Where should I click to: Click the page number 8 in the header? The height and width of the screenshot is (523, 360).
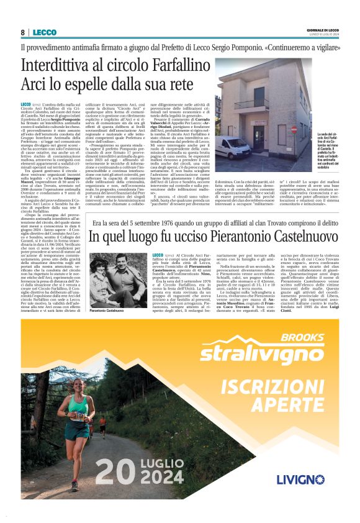tap(22, 32)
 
